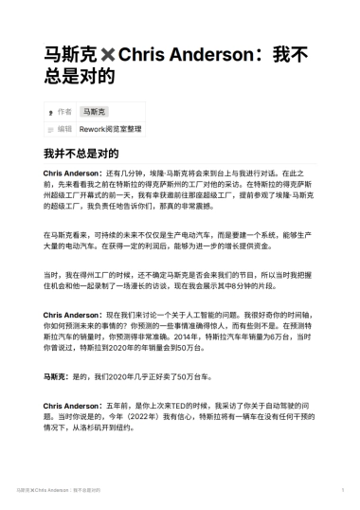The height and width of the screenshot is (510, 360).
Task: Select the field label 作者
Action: click(x=64, y=112)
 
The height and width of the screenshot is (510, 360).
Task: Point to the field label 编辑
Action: click(x=64, y=128)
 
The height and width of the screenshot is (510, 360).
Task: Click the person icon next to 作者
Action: click(x=49, y=112)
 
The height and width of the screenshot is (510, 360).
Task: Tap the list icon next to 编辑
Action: click(x=49, y=128)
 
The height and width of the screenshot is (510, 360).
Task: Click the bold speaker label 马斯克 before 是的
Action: click(x=56, y=376)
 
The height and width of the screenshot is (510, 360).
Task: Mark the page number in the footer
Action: click(x=342, y=491)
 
